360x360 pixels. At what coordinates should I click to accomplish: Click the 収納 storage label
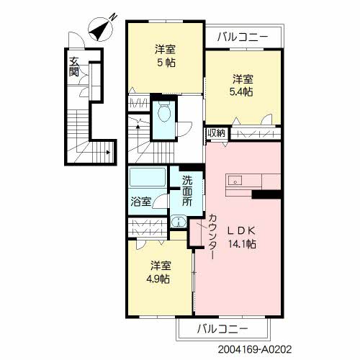[216, 133]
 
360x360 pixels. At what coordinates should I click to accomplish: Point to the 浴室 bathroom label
[141, 202]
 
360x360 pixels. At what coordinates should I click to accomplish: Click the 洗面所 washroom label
[187, 191]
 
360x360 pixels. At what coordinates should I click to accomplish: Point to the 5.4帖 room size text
[241, 92]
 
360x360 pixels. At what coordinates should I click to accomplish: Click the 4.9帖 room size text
[159, 279]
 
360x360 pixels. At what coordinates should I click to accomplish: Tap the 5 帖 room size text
[166, 63]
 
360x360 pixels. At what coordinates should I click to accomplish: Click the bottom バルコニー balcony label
[222, 329]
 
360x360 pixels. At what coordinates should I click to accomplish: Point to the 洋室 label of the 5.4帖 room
[242, 78]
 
